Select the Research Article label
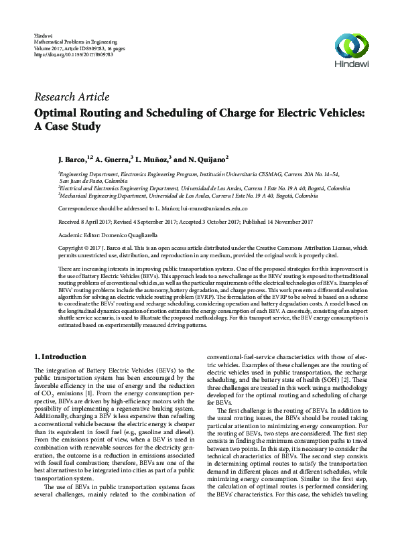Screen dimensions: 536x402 tap(71, 96)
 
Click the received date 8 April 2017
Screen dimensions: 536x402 tap(94, 222)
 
